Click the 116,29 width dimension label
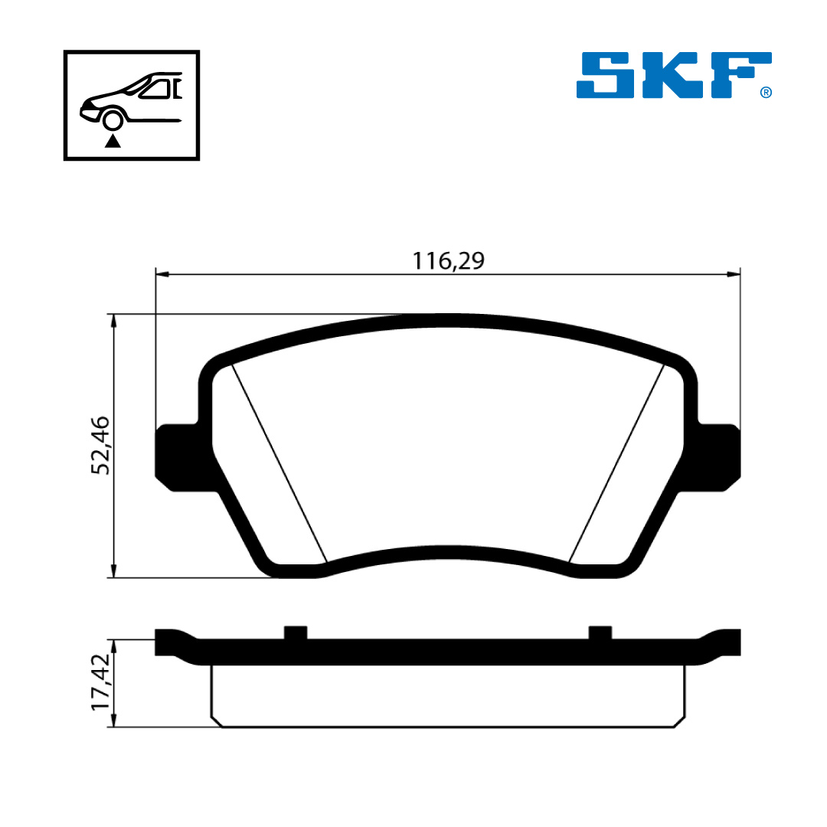448,260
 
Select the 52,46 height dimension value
100,446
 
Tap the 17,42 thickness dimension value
100,682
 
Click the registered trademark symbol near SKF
766,93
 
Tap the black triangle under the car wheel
113,141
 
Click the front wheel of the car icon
113,121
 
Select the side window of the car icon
155,90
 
